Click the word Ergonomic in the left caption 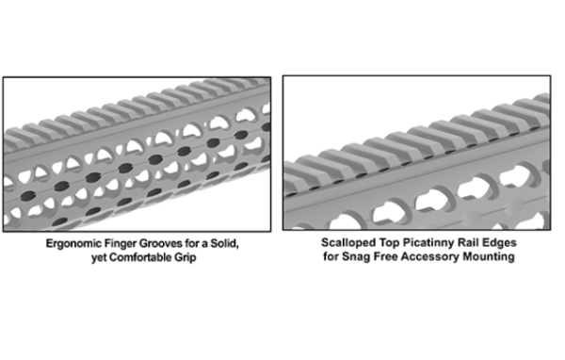click(73, 244)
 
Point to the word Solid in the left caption click(224, 243)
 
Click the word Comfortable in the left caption click(141, 257)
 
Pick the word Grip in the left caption click(186, 258)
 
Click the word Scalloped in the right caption click(346, 243)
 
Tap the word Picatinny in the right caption click(426, 242)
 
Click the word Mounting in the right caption click(489, 257)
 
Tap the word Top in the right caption click(386, 243)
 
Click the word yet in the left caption click(99, 258)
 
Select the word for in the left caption click(192, 243)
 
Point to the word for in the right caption click(331, 256)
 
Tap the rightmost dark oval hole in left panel click(266, 126)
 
